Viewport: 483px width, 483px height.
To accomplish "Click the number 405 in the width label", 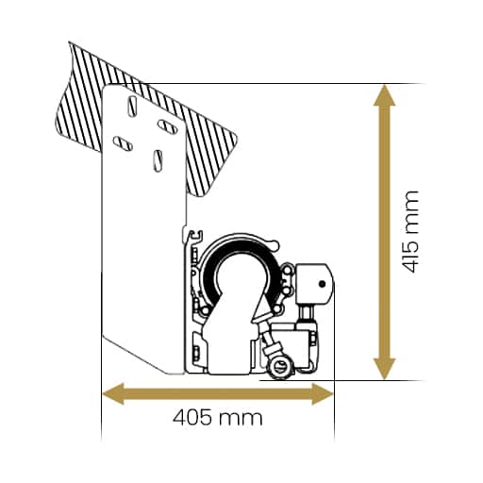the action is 192,418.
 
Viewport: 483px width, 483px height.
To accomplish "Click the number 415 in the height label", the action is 410,258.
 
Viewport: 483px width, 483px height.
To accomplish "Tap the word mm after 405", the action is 241,420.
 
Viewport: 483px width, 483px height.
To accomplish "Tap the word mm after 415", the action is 412,212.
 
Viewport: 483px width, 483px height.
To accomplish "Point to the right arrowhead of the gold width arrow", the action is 323,394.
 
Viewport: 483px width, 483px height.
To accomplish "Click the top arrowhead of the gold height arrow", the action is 384,95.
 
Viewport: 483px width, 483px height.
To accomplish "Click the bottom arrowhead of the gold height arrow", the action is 384,369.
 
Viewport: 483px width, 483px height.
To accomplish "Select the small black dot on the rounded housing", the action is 322,284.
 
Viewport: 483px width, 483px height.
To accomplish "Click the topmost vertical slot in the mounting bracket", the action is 132,107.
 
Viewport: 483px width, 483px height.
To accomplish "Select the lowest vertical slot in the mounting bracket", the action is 158,160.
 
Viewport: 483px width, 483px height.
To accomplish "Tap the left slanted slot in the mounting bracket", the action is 123,143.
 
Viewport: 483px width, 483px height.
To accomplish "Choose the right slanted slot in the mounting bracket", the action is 167,126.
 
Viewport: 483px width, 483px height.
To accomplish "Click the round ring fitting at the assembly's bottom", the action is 280,368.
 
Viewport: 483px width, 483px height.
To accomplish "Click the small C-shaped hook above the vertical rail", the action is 195,237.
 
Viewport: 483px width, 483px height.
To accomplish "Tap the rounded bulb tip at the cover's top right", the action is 275,243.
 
